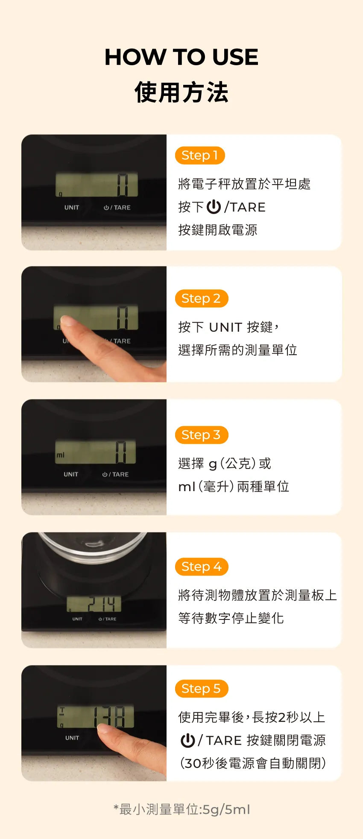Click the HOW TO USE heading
(181, 57)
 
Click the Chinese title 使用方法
(181, 92)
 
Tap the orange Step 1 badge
(199, 155)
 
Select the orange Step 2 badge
(201, 298)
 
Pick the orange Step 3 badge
(201, 435)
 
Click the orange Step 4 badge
(201, 567)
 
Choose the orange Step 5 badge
(201, 689)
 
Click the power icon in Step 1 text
(214, 207)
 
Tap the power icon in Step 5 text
(188, 741)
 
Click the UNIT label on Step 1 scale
(72, 208)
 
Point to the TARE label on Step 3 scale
(120, 474)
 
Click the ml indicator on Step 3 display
(61, 455)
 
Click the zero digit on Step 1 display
(123, 185)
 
